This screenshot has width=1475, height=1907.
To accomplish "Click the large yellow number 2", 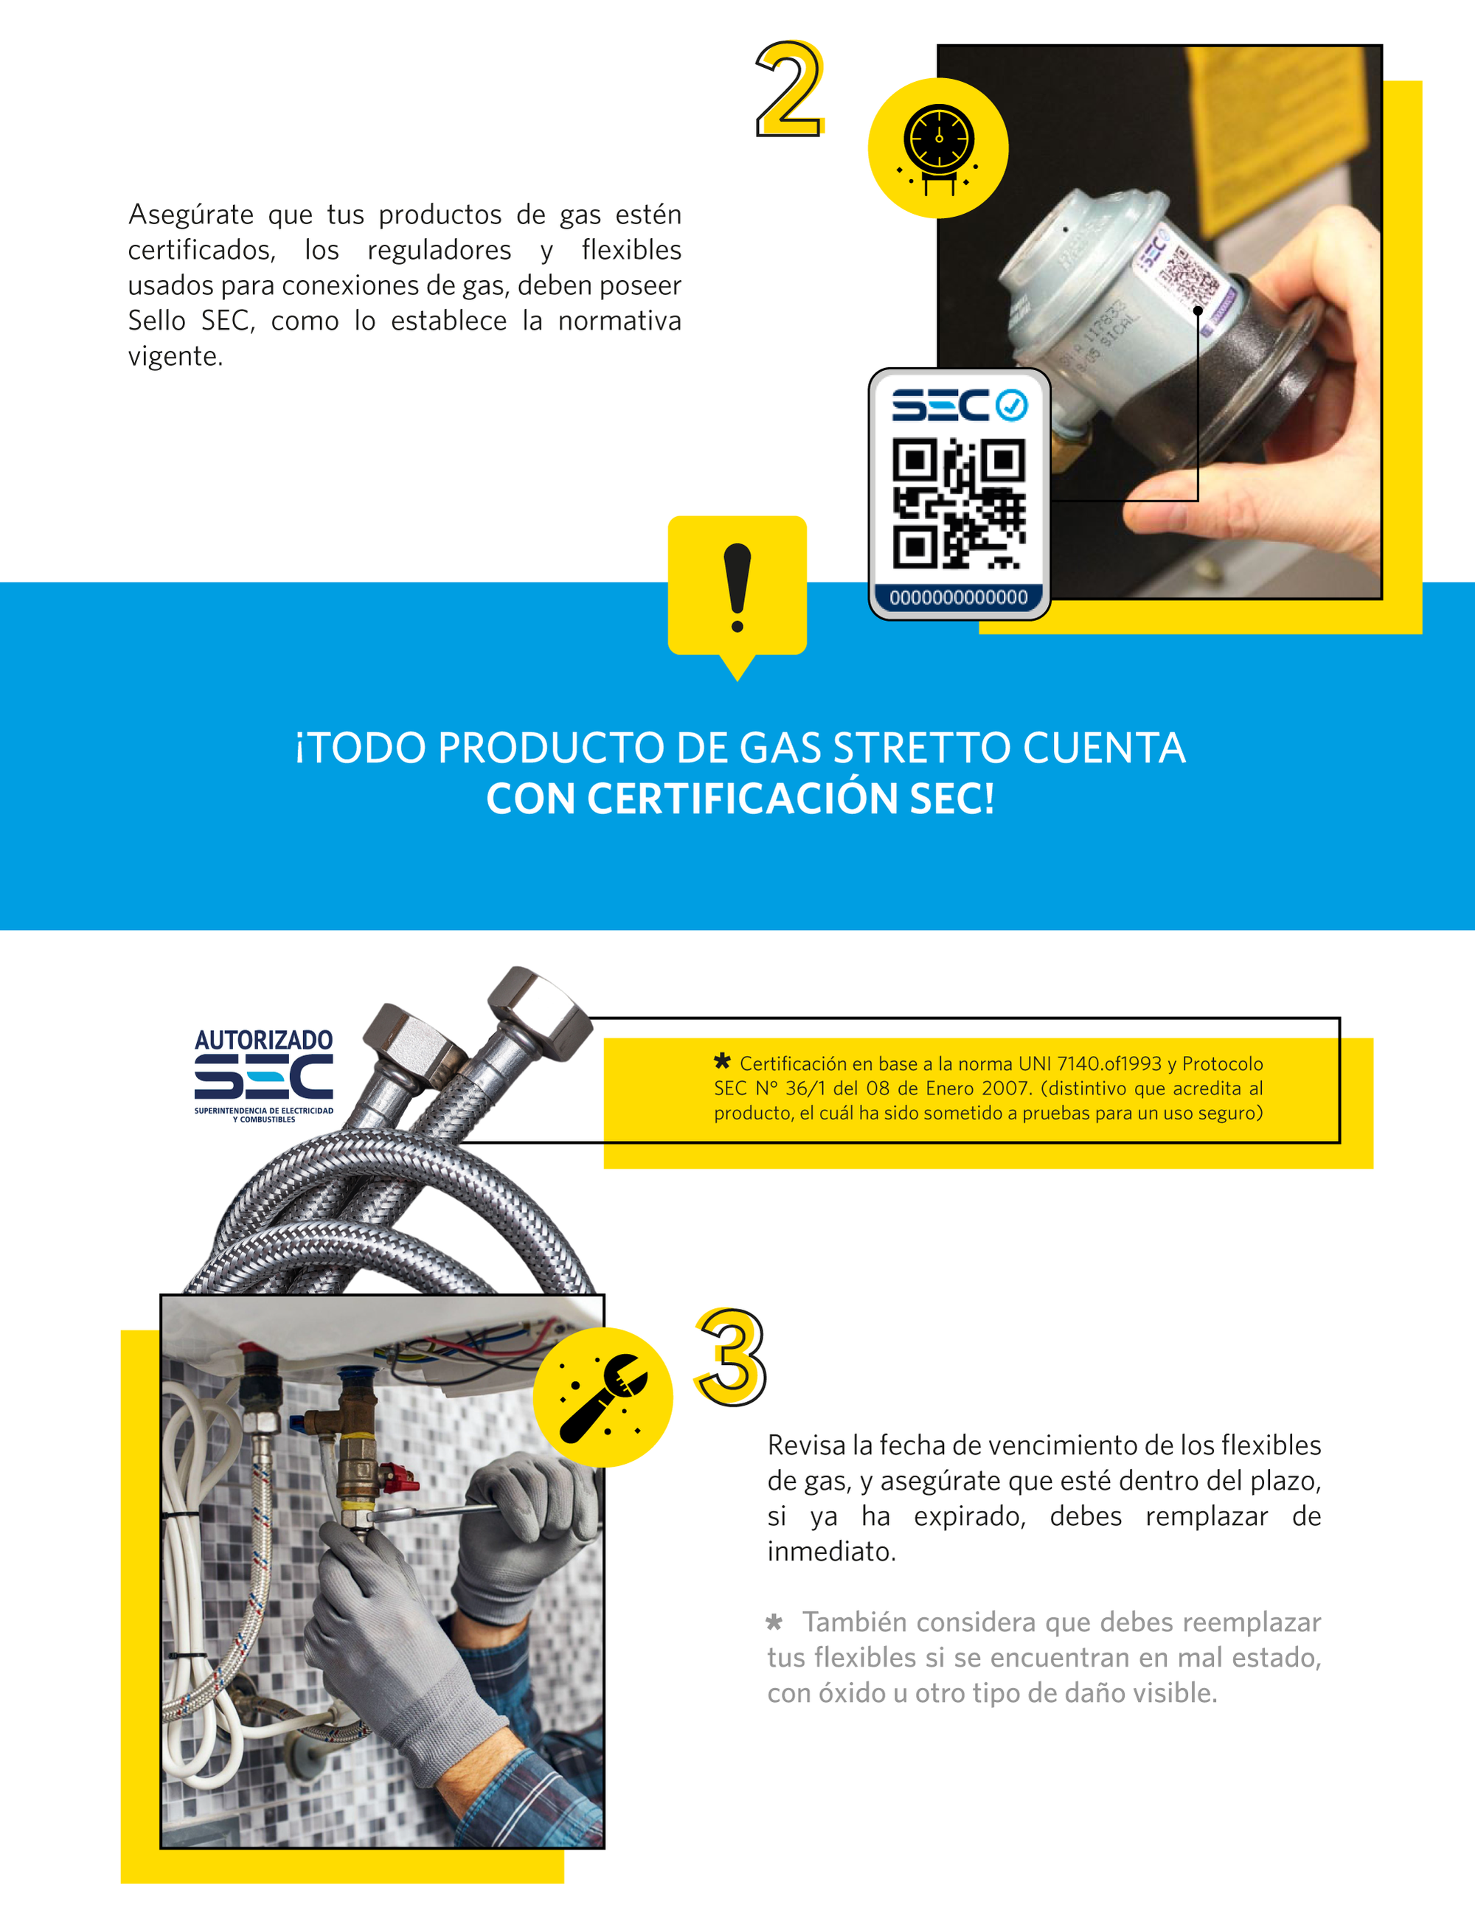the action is pos(789,89).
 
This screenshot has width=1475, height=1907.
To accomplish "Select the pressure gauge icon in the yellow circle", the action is pos(939,147).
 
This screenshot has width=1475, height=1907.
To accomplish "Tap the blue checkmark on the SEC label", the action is pos(1011,405).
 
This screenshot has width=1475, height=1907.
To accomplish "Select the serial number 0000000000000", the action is pos(959,598).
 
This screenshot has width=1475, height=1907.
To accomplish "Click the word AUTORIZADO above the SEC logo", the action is pos(264,1040).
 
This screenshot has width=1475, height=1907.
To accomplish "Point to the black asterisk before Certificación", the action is pos(722,1061).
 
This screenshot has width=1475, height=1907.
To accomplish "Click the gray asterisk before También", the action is pos(774,1622).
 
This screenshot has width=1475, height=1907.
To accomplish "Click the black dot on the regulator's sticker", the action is pos(1198,310).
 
